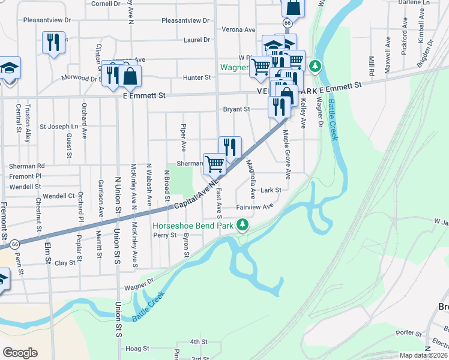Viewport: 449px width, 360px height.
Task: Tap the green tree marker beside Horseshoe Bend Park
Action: point(243,226)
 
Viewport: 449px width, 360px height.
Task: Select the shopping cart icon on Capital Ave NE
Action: point(214,163)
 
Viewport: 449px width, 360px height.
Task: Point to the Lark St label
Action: point(271,190)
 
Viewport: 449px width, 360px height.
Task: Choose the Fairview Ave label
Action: point(255,206)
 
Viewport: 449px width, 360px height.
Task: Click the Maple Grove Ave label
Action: point(288,154)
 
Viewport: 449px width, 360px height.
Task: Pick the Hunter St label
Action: point(197,77)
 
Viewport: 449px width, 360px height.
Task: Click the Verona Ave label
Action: point(238,29)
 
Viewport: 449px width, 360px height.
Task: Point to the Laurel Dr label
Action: point(198,40)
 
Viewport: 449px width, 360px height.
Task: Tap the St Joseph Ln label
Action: point(59,127)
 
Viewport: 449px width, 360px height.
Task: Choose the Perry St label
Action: point(163,235)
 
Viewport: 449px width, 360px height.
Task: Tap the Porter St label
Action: point(409,332)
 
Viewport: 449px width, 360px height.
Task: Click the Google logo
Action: point(20,353)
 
